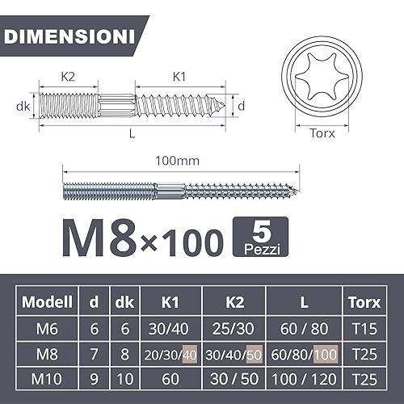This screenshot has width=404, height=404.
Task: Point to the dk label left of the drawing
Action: [x=23, y=105]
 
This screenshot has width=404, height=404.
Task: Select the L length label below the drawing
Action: [x=132, y=134]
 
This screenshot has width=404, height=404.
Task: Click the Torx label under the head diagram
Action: [x=322, y=135]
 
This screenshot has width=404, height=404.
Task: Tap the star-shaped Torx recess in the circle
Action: [x=322, y=82]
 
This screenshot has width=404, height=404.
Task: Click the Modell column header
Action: [x=47, y=302]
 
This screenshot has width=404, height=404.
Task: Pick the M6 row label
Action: [x=47, y=329]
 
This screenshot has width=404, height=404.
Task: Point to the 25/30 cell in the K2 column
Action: [x=235, y=329]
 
